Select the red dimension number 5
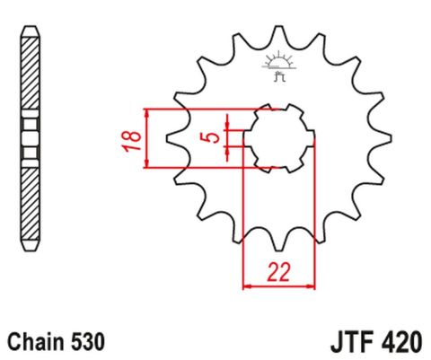click(x=210, y=137)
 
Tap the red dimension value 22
click(x=280, y=271)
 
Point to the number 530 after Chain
click(x=88, y=342)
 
